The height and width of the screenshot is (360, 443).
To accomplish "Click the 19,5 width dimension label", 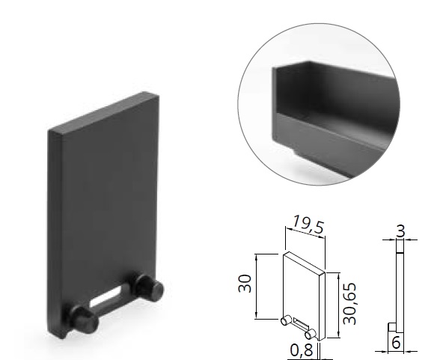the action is [x=308, y=225].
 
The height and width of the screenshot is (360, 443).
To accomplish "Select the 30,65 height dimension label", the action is [x=349, y=303].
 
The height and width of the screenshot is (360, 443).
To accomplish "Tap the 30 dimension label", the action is [x=245, y=284].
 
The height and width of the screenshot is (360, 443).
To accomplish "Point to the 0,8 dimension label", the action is [x=302, y=350].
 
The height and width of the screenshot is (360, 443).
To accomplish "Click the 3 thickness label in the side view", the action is [x=400, y=231].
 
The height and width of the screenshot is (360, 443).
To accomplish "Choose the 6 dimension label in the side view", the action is [x=396, y=343].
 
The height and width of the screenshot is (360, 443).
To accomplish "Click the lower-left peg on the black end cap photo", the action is [x=84, y=319].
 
